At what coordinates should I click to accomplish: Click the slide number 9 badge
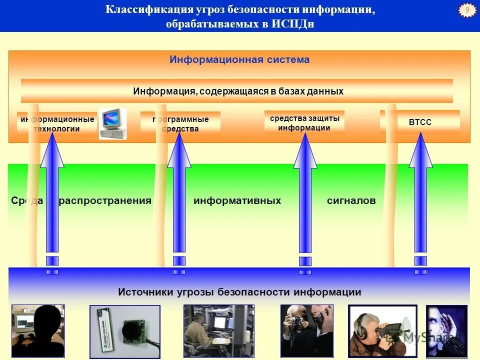467,10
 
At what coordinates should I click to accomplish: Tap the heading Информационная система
239,60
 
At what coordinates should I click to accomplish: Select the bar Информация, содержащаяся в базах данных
238,91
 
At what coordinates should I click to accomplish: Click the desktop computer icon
112,123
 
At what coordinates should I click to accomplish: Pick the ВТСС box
420,122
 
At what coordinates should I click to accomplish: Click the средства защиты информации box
304,123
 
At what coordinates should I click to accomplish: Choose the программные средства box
180,124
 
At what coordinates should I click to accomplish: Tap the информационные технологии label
57,124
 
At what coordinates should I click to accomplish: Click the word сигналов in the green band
351,201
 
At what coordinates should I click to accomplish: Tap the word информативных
237,201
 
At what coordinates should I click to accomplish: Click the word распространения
105,201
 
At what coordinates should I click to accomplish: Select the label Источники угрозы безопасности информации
239,292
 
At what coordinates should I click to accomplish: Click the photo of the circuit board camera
125,331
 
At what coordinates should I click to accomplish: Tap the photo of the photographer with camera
306,331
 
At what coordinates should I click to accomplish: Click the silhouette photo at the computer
38,331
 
